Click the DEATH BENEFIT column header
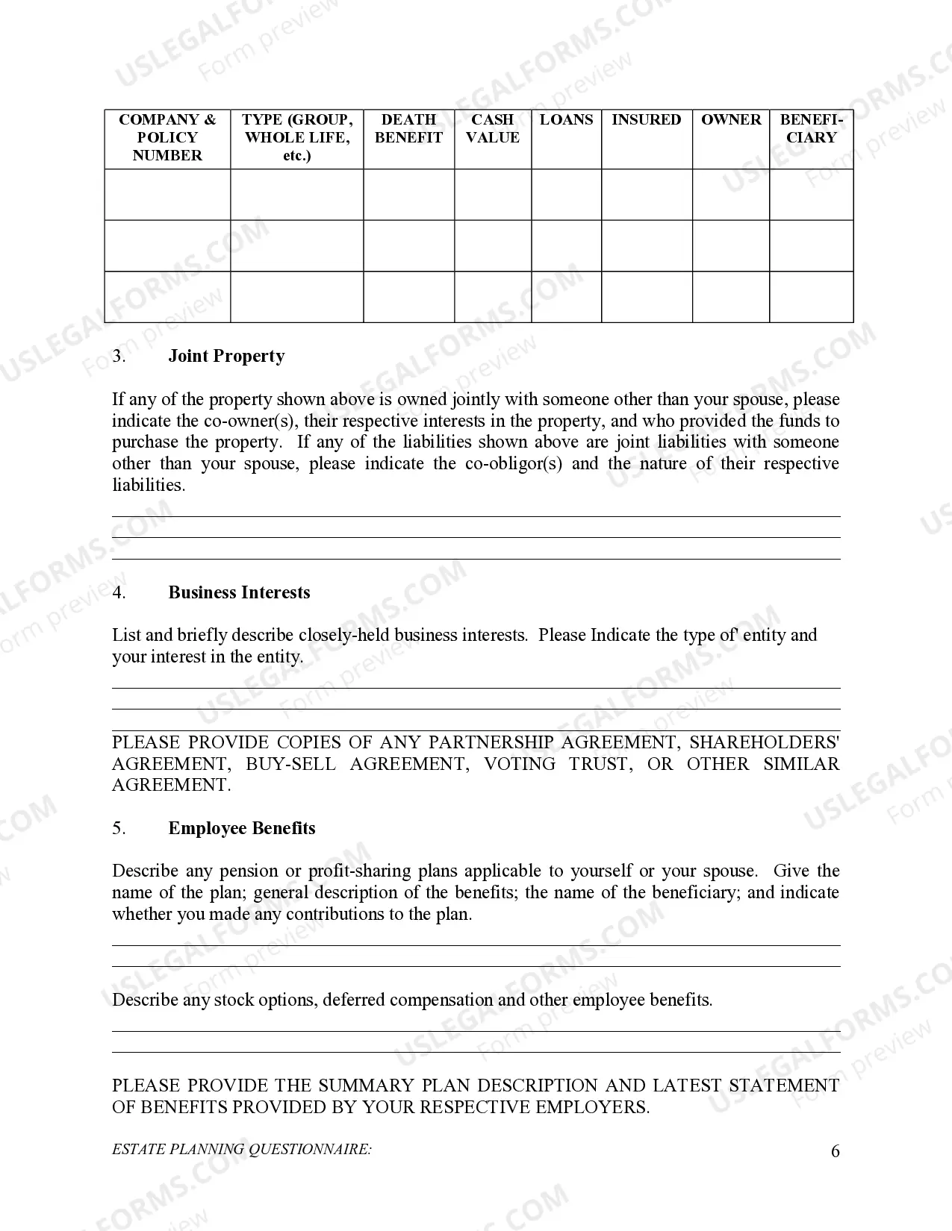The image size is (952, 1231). click(408, 129)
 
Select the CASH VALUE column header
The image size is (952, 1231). click(493, 129)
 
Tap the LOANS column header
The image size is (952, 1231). click(566, 120)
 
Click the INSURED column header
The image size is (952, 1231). click(647, 120)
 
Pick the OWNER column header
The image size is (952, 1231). click(731, 120)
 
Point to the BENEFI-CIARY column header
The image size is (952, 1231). click(811, 129)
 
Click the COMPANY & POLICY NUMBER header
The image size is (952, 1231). click(167, 138)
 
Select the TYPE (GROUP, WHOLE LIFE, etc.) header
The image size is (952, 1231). click(297, 138)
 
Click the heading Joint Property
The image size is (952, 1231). click(226, 357)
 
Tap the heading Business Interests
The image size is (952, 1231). click(239, 593)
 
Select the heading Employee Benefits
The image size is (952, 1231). click(242, 829)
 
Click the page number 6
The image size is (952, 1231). click(835, 1152)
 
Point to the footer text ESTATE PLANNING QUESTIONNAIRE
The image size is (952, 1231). click(242, 1150)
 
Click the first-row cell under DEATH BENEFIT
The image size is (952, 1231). click(408, 195)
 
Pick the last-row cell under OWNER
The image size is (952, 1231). click(731, 297)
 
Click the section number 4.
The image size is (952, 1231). click(119, 593)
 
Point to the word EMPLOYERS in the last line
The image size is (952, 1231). click(591, 1108)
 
